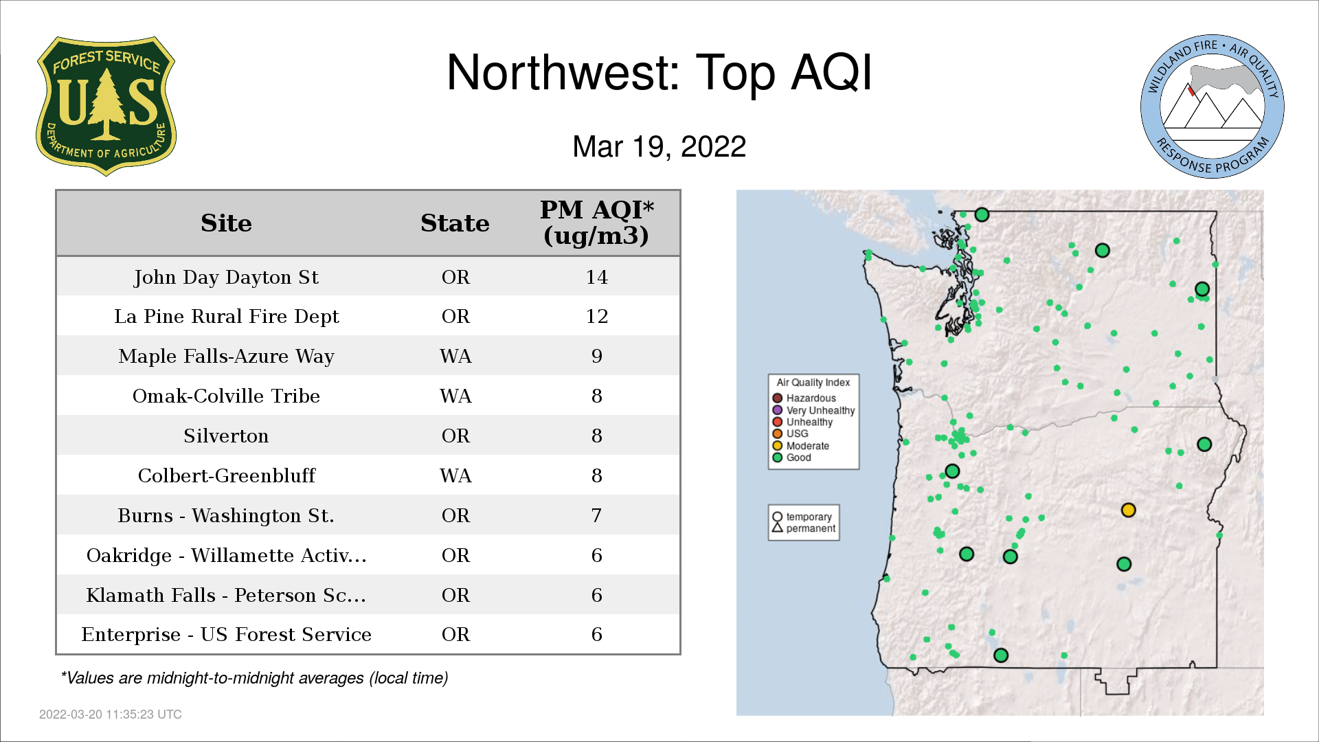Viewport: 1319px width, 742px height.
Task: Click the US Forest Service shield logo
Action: tap(106, 106)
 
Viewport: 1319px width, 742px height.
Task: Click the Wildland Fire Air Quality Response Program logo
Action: tap(1212, 106)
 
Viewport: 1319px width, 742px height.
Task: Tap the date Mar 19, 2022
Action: tap(659, 146)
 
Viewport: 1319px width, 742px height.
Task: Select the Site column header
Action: tap(226, 223)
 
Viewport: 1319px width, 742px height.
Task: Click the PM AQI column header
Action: tap(596, 223)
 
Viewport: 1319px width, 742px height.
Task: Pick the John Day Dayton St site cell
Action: tap(226, 277)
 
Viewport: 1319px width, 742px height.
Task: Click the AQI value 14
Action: tap(596, 277)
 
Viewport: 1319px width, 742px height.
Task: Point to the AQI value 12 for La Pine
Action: tap(596, 316)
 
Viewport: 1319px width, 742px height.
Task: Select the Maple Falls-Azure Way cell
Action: tap(226, 356)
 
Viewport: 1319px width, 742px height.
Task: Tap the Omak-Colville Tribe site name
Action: tap(226, 396)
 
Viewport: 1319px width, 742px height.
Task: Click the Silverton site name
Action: tap(226, 436)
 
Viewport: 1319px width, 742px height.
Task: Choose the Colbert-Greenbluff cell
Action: tap(226, 475)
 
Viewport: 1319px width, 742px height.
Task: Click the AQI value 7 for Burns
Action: tap(596, 515)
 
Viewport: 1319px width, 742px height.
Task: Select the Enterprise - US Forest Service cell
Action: tap(226, 634)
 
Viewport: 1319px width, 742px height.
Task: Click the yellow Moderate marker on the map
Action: tap(1128, 510)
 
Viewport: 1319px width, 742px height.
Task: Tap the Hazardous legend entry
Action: tap(804, 398)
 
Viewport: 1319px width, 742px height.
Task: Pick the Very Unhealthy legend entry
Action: tap(813, 410)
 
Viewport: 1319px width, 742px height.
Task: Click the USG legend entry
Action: tap(790, 434)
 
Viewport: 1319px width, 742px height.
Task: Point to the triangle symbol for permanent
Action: tap(777, 528)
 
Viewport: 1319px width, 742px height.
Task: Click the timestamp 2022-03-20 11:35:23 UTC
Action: tap(111, 715)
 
